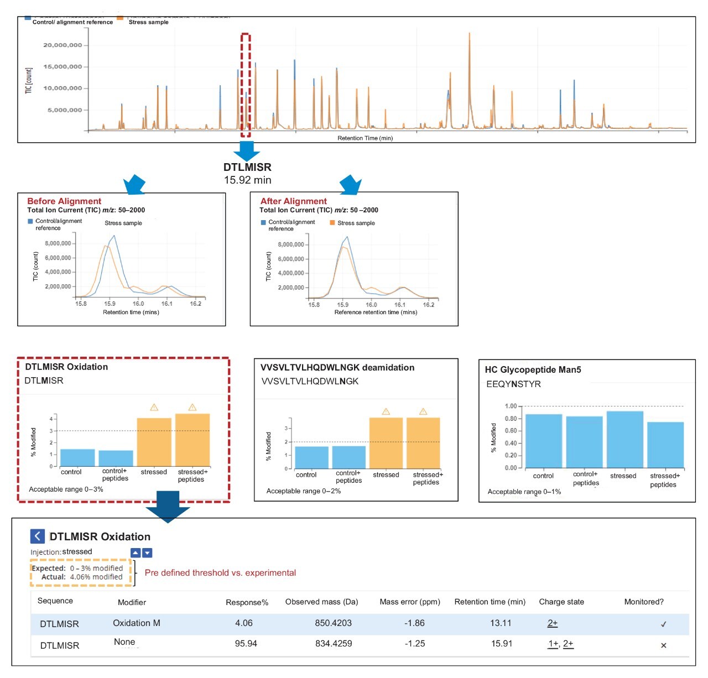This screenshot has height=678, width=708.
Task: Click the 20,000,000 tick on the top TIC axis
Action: (62, 45)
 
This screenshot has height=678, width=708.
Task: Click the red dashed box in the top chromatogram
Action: (246, 85)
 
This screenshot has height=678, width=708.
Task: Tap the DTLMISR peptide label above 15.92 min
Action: (247, 167)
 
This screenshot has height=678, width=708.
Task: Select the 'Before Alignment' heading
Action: (64, 201)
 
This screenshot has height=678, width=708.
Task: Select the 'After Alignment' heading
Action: (293, 201)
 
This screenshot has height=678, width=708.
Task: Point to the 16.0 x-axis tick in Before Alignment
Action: (138, 304)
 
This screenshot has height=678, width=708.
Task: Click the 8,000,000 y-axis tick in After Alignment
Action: (290, 244)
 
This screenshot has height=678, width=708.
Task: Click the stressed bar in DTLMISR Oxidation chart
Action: (154, 442)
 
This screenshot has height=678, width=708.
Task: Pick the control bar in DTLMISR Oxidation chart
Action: (77, 457)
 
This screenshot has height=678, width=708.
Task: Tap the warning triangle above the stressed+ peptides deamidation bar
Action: (423, 411)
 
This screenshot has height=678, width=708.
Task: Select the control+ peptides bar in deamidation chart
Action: (348, 457)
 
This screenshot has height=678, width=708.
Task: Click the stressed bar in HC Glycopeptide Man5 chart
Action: (624, 439)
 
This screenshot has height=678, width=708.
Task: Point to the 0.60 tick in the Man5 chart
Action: (510, 431)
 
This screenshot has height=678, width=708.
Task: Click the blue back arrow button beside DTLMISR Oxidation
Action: (37, 536)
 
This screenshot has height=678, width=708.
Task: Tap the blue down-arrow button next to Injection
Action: (147, 553)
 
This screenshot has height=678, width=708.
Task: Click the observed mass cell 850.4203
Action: (333, 623)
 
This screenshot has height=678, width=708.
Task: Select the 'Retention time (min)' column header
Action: (490, 602)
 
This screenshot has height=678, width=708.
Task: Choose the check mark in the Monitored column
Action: (663, 624)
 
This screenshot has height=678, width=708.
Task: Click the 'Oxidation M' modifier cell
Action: (137, 623)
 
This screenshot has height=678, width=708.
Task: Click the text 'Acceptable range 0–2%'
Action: (303, 491)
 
